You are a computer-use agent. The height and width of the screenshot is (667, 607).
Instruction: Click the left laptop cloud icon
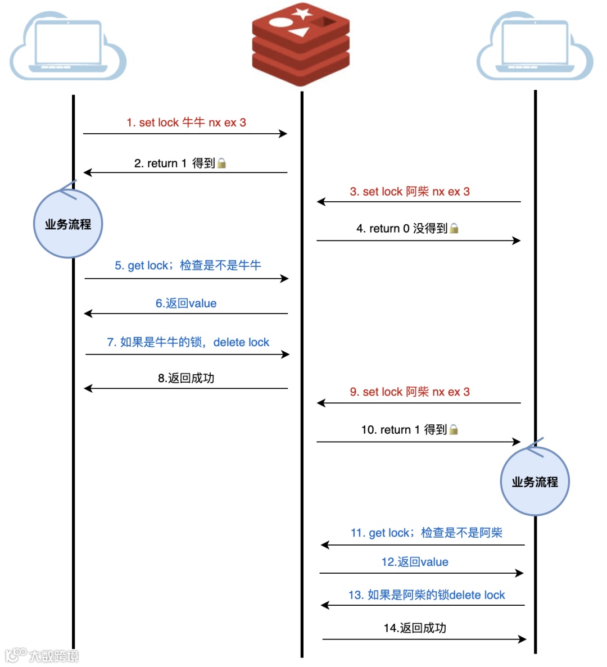[x=68, y=48]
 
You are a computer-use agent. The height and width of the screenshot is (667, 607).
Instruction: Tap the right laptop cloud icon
[x=534, y=48]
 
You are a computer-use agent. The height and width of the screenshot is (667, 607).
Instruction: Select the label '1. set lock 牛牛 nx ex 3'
[x=186, y=122]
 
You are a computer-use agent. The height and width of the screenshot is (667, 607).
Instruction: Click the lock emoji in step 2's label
[x=222, y=163]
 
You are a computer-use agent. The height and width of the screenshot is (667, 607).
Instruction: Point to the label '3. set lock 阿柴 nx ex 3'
[x=410, y=192]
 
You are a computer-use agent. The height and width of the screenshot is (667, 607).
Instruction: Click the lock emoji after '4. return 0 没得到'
[x=454, y=228]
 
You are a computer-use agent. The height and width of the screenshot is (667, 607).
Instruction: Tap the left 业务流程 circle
[x=68, y=224]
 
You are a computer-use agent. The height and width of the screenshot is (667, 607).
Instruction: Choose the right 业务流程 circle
[x=534, y=482]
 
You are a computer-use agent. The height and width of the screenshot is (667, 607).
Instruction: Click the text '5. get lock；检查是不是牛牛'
[x=188, y=265]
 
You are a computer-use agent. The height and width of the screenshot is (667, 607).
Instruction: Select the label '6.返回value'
[x=186, y=303]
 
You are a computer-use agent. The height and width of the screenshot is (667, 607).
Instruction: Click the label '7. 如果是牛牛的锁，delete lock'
[x=188, y=342]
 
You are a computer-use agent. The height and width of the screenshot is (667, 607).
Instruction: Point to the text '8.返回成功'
[x=186, y=378]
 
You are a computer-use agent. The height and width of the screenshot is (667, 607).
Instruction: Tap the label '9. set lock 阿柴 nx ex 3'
[x=410, y=392]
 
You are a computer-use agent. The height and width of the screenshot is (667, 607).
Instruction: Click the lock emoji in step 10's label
[x=454, y=429]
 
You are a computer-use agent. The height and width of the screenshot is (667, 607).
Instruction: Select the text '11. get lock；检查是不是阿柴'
[x=426, y=533]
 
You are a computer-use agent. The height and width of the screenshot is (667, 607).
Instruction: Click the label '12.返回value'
[x=415, y=562]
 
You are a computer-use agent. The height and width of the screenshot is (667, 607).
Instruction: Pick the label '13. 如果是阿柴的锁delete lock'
[x=427, y=595]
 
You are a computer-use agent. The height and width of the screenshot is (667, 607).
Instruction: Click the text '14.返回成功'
[x=415, y=628]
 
